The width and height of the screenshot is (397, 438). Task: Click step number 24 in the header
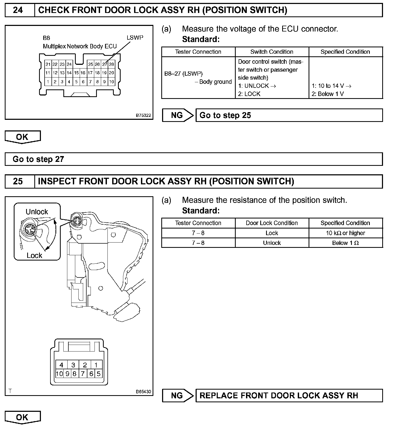point(18,10)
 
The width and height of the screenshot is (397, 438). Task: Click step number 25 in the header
point(18,181)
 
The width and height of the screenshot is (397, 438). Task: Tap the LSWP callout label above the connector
point(135,38)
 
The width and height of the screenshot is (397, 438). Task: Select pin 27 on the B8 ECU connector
point(105,64)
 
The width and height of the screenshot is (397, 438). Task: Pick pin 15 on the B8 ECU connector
point(76,73)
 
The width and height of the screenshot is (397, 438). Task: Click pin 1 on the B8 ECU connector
point(48,82)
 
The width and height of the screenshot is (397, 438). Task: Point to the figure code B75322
point(143,115)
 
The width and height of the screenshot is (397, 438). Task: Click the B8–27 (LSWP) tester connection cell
point(183,74)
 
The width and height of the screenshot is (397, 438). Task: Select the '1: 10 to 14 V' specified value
point(332,86)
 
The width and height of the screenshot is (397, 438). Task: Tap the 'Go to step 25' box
point(289,115)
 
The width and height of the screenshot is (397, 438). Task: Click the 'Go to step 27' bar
point(193,159)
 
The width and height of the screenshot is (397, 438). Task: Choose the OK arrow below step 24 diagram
point(22,137)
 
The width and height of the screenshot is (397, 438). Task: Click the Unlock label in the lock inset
point(37,212)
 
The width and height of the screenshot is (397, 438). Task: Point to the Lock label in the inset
point(34,255)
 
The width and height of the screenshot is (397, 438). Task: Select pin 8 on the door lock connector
point(75,374)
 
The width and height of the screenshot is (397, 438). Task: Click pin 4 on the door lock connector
point(62,365)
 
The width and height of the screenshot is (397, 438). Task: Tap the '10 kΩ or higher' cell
point(345,233)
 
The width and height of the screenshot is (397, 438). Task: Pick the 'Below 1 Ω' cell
point(345,243)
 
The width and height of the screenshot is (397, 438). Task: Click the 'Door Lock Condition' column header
point(272,223)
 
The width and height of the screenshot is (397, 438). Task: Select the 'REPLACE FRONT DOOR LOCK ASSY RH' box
point(289,395)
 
